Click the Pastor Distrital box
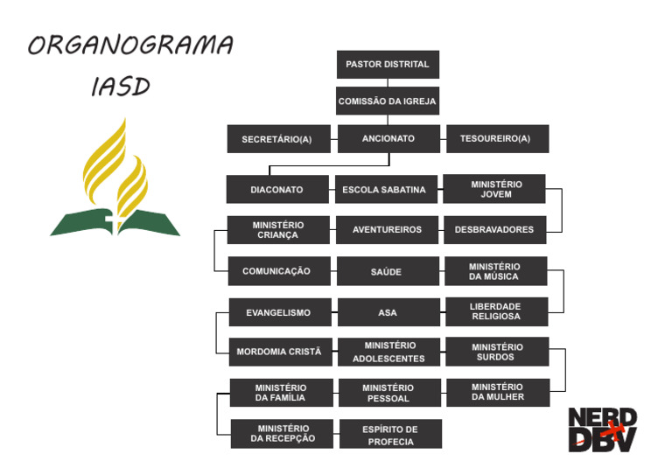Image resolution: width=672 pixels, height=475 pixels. point(388,65)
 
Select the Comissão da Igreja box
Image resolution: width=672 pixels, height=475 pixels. point(388,101)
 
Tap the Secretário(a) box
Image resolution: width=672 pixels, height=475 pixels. point(277,139)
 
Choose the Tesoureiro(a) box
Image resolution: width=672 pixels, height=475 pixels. point(497,139)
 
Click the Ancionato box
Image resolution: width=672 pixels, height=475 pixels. point(388,139)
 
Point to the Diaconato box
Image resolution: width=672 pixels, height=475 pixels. point(277,190)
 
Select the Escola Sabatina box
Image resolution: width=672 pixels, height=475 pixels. point(385,190)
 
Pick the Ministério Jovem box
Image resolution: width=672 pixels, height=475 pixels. point(495,189)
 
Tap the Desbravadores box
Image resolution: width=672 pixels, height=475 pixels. point(494,230)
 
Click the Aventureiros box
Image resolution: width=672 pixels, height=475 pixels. point(387,230)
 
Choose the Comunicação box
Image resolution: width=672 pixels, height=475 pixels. point(277,271)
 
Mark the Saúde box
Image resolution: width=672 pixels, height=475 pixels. point(387,271)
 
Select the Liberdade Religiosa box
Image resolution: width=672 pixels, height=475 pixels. point(495,311)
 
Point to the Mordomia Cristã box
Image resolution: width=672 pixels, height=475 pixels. point(279,352)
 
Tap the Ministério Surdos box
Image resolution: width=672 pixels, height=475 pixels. point(497,352)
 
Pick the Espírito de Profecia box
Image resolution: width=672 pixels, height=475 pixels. point(390,435)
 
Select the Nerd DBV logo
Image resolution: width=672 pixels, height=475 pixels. point(602,430)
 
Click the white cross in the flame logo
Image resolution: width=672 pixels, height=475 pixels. point(110,218)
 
